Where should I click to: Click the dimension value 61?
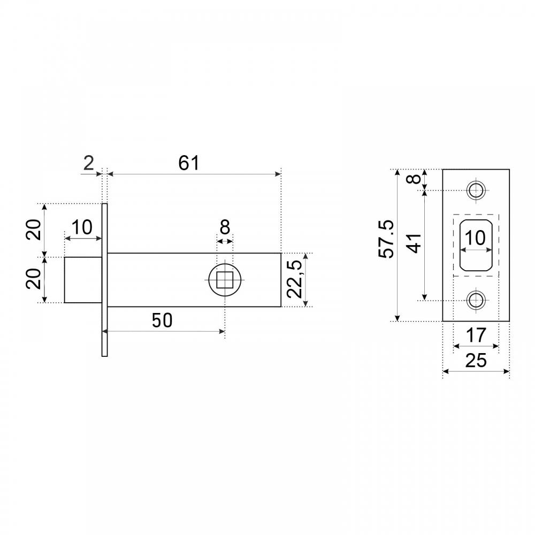[x=188, y=163]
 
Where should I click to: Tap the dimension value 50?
[x=162, y=320]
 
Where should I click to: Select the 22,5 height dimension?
[x=294, y=279]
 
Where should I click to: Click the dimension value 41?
[x=415, y=243]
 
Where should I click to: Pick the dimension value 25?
[x=476, y=361]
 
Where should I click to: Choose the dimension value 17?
[x=476, y=335]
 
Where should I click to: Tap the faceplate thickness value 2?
[x=88, y=163]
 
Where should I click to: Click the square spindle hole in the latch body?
[x=225, y=280]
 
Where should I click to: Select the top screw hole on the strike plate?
[x=476, y=190]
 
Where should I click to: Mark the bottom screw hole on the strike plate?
[x=476, y=300]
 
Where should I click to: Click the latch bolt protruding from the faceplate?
[x=83, y=280]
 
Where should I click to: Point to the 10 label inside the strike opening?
[x=475, y=238]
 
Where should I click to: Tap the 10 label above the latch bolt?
[x=82, y=227]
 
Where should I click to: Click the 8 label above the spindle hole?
[x=225, y=227]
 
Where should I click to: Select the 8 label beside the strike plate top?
[x=415, y=179]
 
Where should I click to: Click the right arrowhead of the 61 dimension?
[x=278, y=174]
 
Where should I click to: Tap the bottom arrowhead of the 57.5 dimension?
[x=397, y=318]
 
